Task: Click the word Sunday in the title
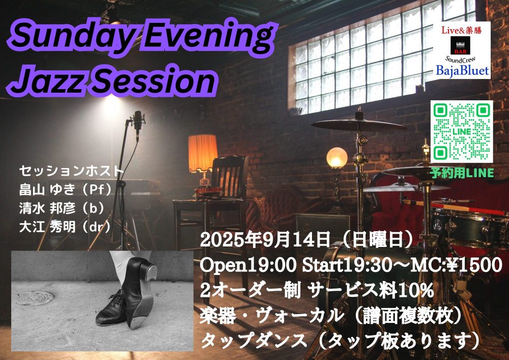point(70,37)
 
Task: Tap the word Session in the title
point(155,80)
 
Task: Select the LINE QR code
point(462,131)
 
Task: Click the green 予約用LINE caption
point(462,173)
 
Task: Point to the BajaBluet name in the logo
point(462,70)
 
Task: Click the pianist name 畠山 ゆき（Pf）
point(65,189)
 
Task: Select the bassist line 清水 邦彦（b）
point(62,208)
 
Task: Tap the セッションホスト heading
point(72,171)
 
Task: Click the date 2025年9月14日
point(265,240)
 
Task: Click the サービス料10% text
point(372,290)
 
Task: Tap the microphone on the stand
point(137,125)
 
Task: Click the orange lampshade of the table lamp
point(203,153)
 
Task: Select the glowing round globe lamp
point(337,157)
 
